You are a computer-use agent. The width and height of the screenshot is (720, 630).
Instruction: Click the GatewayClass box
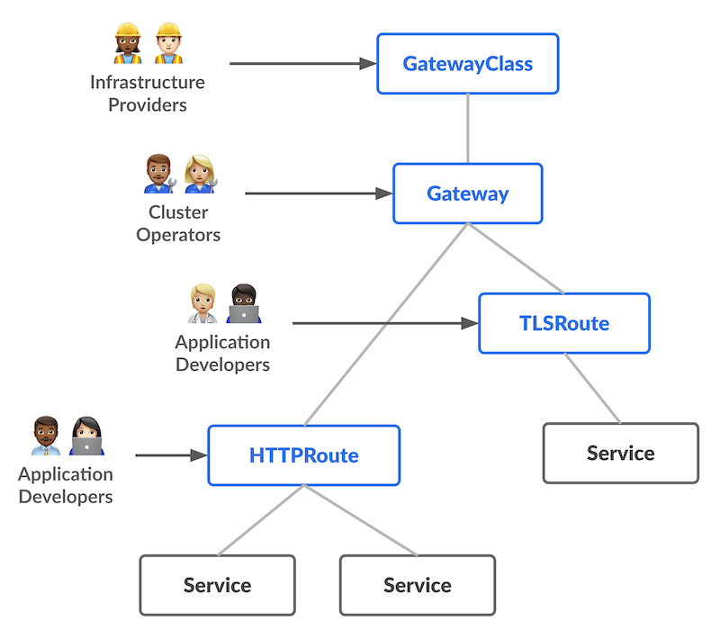pos(467,64)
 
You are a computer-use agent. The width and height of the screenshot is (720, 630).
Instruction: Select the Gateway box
pos(467,193)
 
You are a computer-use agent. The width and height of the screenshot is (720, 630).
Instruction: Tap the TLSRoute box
pos(563,323)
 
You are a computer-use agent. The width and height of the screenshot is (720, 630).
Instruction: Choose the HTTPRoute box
pos(303,455)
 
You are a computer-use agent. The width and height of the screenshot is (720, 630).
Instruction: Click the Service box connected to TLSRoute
pos(620,453)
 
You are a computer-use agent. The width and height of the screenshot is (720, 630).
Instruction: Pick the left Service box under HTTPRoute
pos(217,585)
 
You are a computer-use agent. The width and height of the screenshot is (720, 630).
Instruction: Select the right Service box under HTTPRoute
pos(417,585)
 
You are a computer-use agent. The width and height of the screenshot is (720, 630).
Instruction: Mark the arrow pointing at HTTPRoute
pos(171,455)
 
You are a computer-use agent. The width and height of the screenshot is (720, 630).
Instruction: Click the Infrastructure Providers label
pos(148,94)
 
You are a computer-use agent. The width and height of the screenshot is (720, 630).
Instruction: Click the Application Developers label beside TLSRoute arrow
pos(222,353)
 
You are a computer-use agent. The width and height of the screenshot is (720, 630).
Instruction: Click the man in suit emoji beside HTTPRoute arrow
pos(44,436)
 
